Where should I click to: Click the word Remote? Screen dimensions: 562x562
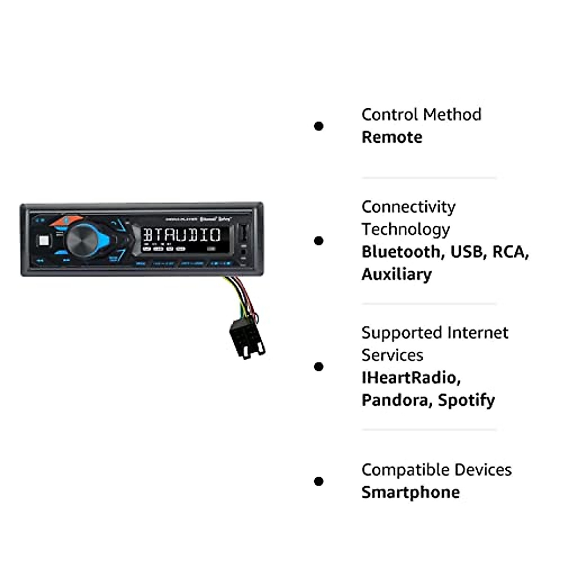(392, 137)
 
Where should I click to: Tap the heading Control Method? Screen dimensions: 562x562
(421, 115)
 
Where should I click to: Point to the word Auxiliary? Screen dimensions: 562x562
(396, 274)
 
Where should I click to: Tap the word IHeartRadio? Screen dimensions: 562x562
(411, 377)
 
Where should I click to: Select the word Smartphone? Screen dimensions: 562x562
(410, 492)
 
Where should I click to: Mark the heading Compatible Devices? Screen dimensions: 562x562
(436, 470)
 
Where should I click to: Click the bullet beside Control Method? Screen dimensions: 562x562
(319, 126)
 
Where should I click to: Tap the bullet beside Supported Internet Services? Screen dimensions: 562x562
(319, 366)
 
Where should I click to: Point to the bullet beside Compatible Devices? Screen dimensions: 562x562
(319, 481)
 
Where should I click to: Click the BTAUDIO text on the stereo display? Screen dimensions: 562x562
(181, 235)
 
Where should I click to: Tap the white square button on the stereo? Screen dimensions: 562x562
(44, 241)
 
